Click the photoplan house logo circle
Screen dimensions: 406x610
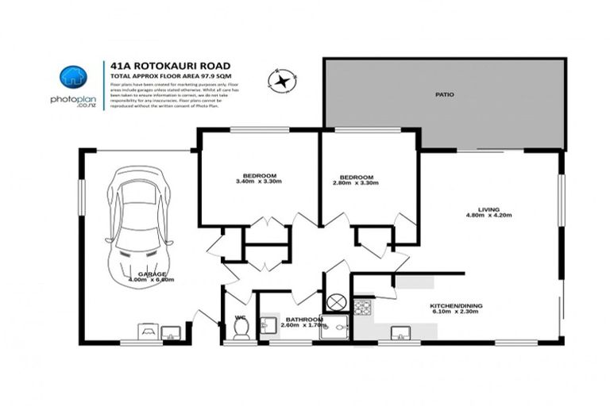[x=73, y=77]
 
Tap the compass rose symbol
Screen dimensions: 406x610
[x=280, y=79]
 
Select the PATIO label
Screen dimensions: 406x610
[x=445, y=94]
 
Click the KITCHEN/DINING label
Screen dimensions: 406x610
[x=456, y=305]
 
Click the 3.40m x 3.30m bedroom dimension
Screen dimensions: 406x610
[x=260, y=182]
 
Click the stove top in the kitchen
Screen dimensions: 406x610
[x=363, y=306]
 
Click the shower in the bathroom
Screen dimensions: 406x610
[x=334, y=327]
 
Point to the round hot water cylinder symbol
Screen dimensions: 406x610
[x=337, y=301]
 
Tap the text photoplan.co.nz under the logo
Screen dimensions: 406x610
[x=73, y=101]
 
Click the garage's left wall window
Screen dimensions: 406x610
[x=81, y=197]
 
